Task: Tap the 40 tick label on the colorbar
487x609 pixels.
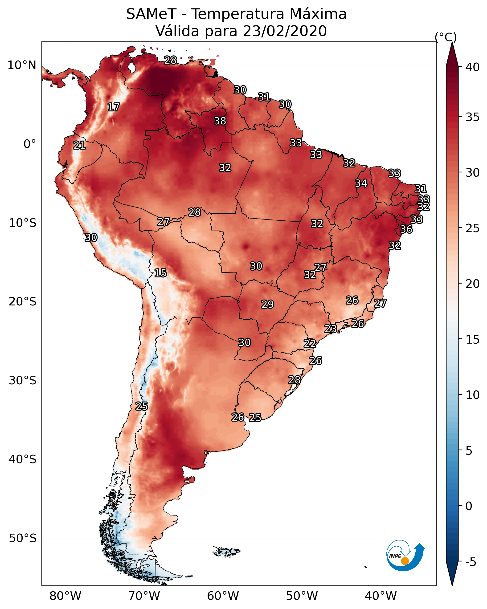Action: (473, 67)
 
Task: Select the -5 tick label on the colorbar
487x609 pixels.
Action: (471, 562)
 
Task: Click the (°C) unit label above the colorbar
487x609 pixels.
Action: (446, 37)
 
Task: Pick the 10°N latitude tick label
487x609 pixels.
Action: (22, 65)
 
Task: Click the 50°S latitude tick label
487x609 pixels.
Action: (23, 538)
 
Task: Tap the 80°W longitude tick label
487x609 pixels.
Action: (65, 596)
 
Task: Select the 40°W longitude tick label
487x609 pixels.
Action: (381, 596)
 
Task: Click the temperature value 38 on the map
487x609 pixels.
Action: (220, 121)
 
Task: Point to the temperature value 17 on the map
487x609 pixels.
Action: (114, 107)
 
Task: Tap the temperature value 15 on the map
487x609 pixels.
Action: (160, 273)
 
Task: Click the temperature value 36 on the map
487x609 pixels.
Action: (406, 229)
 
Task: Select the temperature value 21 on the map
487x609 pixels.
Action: (79, 145)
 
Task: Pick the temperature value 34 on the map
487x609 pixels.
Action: (361, 183)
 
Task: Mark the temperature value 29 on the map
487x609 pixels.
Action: (267, 304)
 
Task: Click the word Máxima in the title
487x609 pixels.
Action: (318, 14)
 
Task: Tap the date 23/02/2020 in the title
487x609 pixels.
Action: (285, 31)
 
